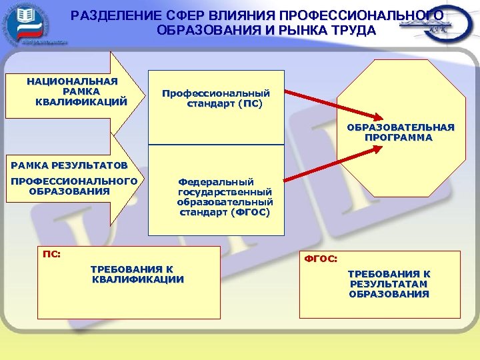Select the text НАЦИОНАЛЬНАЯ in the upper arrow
click(72, 81)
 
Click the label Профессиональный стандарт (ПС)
click(216, 99)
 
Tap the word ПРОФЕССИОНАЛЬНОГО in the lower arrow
click(73, 181)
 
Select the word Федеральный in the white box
click(215, 181)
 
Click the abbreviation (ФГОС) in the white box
click(250, 213)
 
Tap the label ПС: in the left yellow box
click(51, 254)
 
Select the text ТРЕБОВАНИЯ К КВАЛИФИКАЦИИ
click(137, 274)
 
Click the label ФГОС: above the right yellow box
click(321, 258)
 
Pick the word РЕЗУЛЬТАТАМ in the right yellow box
click(389, 284)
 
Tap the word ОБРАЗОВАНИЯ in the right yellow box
click(389, 294)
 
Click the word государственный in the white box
click(225, 191)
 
